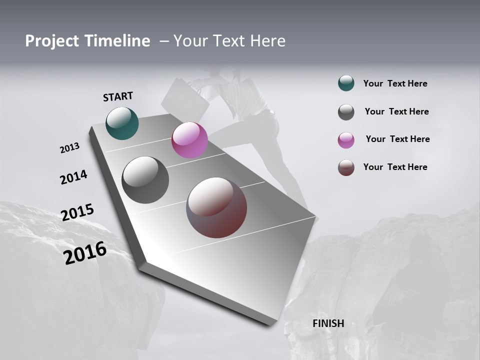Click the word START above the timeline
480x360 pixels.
(x=118, y=96)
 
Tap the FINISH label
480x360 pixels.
(x=328, y=323)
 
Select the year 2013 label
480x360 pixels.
(x=69, y=148)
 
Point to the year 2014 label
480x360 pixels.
(x=73, y=177)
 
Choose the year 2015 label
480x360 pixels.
(x=77, y=212)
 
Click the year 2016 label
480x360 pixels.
(x=85, y=253)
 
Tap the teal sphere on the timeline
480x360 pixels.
(x=122, y=123)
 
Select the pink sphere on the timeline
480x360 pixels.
(x=189, y=140)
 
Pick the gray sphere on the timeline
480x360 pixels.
(x=145, y=180)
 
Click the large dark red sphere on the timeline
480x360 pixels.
(x=216, y=207)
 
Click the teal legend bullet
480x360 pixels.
(x=346, y=83)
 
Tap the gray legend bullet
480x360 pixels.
(x=346, y=112)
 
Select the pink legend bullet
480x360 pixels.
(x=346, y=140)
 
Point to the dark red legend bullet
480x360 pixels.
(x=346, y=167)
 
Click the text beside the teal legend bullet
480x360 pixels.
(x=395, y=83)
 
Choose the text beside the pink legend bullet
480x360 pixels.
(x=397, y=139)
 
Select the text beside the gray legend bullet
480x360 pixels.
(x=396, y=111)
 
